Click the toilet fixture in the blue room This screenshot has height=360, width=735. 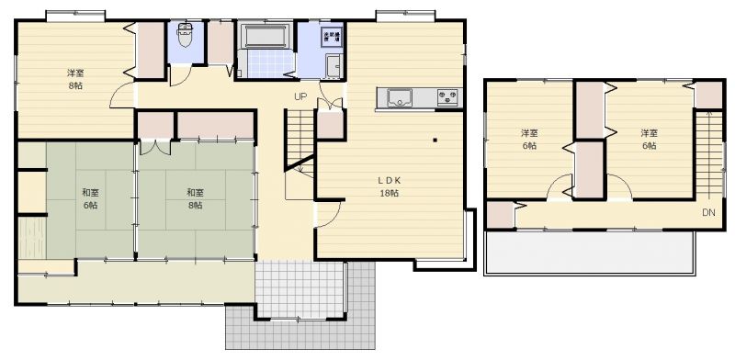(185, 35)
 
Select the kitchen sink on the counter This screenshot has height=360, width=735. (400, 98)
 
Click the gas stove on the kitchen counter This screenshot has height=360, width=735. (448, 97)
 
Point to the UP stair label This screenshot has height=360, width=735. (300, 97)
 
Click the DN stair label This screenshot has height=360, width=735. (708, 212)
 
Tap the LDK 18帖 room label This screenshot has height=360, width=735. (390, 186)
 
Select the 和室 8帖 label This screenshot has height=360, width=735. (195, 198)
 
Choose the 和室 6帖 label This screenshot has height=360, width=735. (90, 198)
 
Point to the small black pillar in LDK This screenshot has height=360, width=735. (435, 140)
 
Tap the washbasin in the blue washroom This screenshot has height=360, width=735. (334, 66)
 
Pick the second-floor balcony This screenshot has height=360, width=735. (589, 253)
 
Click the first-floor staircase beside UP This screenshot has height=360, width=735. (300, 141)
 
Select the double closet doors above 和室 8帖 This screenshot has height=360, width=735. (155, 147)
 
